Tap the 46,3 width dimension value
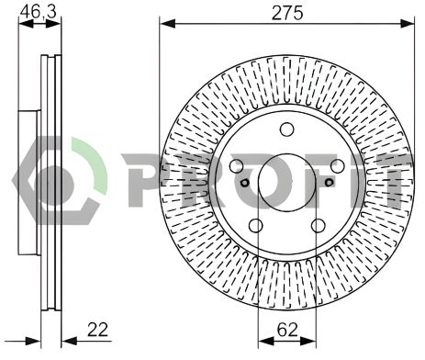tap(35, 11)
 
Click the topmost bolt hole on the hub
tap(285, 129)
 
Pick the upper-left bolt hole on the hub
tap(237, 166)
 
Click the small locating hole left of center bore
tap(243, 183)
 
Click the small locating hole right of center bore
tap(326, 183)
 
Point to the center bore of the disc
tap(285, 180)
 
